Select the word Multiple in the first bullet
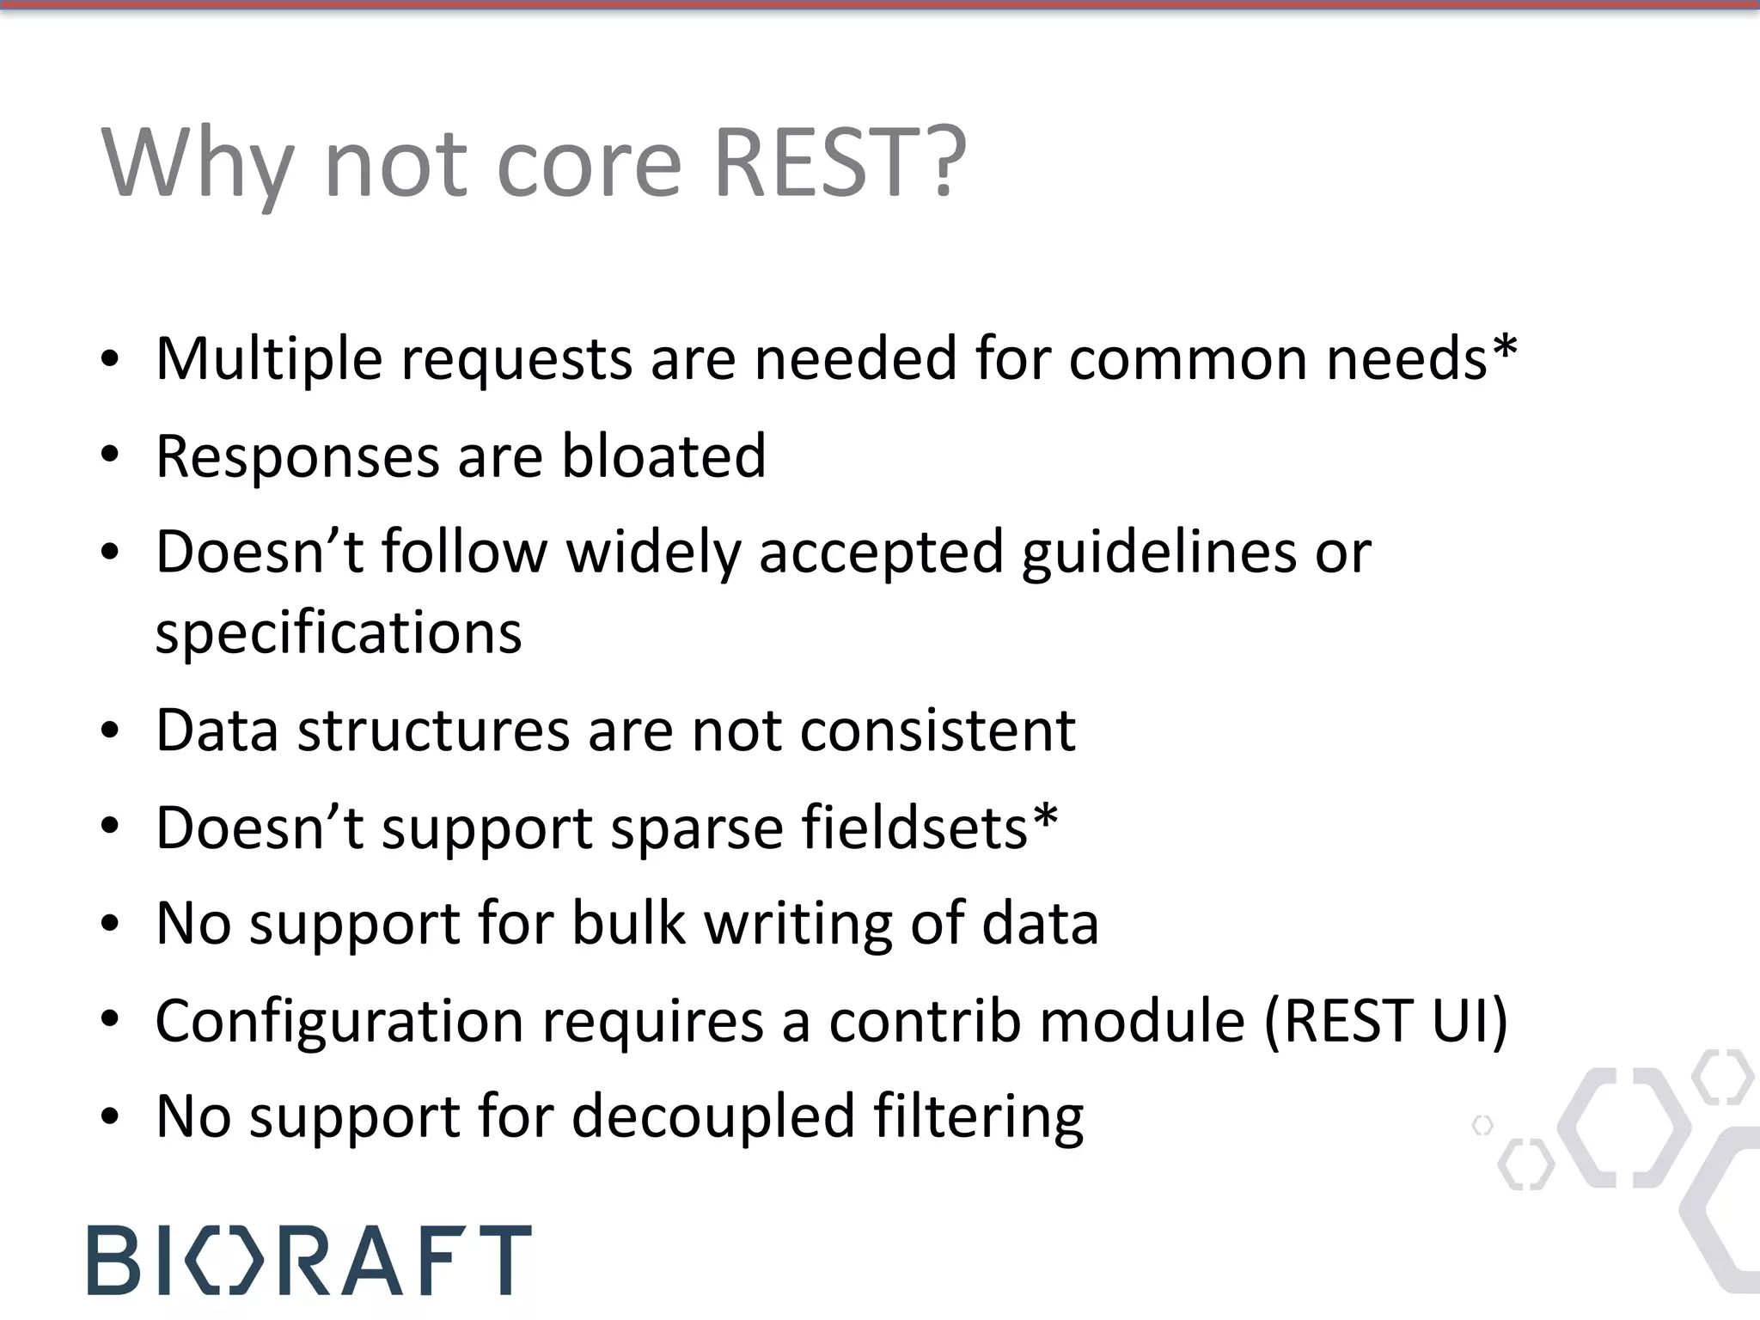pos(268,358)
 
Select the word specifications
pos(339,633)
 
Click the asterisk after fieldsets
pos(1045,818)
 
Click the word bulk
pos(628,924)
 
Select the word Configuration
pos(339,1021)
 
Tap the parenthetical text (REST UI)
pos(1386,1021)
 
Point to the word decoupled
pos(712,1117)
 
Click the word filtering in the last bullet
pos(978,1117)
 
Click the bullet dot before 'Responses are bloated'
pos(109,455)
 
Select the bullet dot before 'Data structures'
pos(109,731)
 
